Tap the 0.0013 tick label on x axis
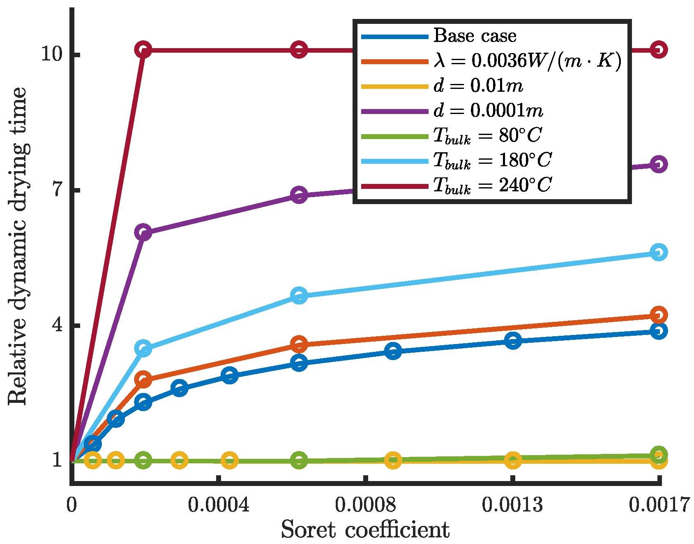click(x=512, y=504)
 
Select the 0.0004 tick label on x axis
click(x=219, y=504)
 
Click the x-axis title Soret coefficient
click(x=365, y=530)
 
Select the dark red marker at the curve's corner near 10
click(x=143, y=50)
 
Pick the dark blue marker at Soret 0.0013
click(x=513, y=341)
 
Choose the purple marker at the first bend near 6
click(x=143, y=232)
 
